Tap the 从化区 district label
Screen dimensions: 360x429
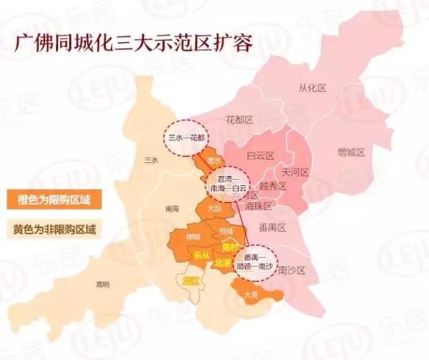312,88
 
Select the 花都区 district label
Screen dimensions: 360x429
240,120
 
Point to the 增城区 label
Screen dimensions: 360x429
351,152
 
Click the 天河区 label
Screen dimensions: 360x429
295,172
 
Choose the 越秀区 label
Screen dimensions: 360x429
273,187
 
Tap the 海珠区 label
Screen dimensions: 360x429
258,206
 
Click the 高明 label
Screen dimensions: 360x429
102,284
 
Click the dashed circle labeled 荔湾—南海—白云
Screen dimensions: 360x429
226,183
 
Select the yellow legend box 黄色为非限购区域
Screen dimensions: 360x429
55,230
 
